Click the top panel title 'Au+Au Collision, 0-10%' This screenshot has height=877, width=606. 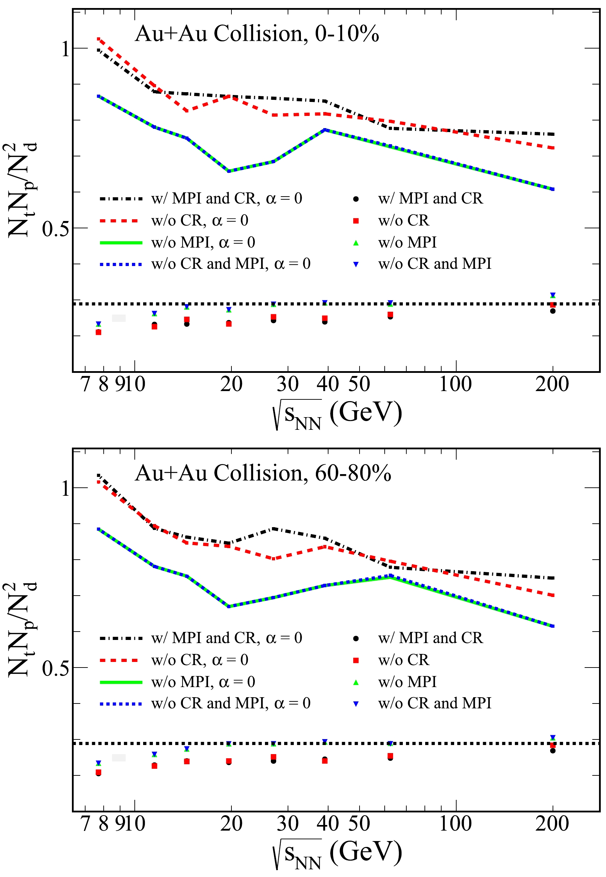(257, 34)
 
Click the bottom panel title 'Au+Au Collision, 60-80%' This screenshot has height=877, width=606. (263, 473)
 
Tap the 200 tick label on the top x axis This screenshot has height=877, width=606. (552, 384)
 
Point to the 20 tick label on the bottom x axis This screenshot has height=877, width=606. (231, 824)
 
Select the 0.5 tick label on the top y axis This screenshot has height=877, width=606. (56, 229)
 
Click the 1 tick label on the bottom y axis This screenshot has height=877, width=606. (66, 489)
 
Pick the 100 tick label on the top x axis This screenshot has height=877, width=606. (455, 384)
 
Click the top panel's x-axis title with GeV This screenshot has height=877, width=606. (337, 414)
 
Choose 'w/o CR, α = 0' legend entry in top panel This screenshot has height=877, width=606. (199, 221)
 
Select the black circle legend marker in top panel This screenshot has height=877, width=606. (356, 199)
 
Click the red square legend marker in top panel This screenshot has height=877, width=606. (356, 221)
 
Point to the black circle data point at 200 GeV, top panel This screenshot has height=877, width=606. (553, 311)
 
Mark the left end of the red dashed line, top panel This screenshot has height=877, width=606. (98, 39)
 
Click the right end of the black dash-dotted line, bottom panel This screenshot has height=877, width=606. (553, 578)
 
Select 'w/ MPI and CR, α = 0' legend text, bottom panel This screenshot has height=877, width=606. (226, 638)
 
